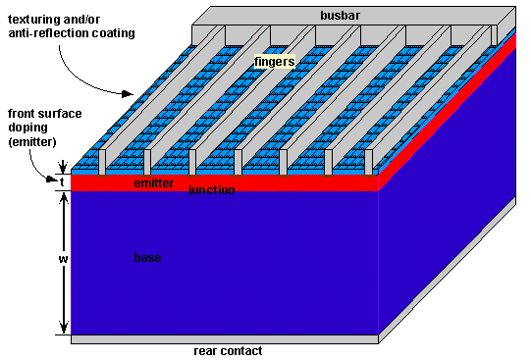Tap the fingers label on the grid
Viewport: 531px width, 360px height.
(274, 62)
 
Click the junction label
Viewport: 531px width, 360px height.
(212, 189)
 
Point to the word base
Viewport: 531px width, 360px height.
(147, 257)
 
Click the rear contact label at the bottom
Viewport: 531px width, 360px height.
(228, 350)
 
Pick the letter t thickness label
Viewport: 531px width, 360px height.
(61, 181)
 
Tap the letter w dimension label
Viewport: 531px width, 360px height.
(62, 259)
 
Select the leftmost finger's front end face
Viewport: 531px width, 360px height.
(102, 161)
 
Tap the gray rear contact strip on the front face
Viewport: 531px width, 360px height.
(225, 338)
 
